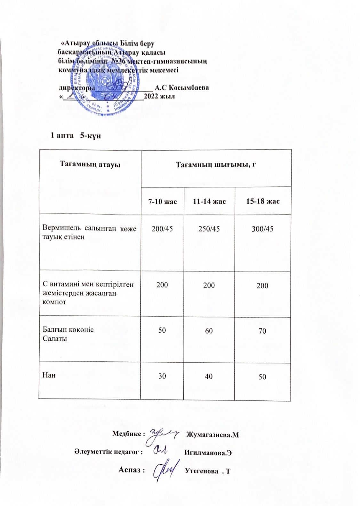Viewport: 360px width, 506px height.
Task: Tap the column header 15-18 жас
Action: click(x=263, y=202)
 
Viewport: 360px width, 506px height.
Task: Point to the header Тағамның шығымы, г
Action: click(x=216, y=165)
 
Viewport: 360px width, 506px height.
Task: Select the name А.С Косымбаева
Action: click(x=182, y=87)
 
